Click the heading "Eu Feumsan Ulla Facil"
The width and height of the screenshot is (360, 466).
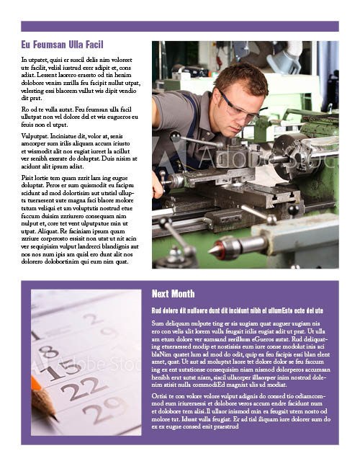pyautogui.click(x=63, y=45)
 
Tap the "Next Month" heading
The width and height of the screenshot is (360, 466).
pyautogui.click(x=173, y=294)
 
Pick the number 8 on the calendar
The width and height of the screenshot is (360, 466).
pyautogui.click(x=48, y=352)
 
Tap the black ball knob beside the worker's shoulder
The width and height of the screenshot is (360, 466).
pyautogui.click(x=175, y=135)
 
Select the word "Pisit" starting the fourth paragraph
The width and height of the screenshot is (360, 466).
pyautogui.click(x=28, y=177)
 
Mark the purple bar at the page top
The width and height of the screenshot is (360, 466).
pyautogui.click(x=180, y=26)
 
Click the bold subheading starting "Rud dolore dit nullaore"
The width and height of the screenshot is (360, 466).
pyautogui.click(x=237, y=310)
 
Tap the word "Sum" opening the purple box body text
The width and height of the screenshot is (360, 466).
pyautogui.click(x=158, y=323)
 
